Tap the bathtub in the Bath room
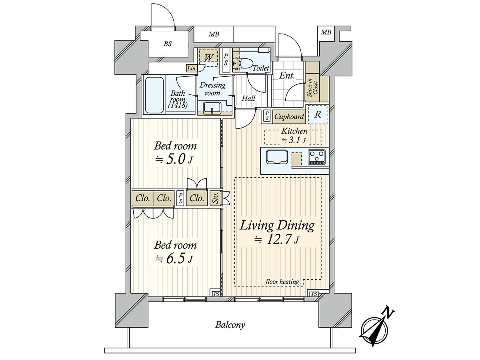154,95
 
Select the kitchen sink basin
277,157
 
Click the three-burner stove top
317,157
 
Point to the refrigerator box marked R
318,114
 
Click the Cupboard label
289,117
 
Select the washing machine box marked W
208,58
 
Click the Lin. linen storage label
192,68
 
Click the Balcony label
230,331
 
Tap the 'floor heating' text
282,282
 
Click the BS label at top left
168,44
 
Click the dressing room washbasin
212,108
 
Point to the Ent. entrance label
287,76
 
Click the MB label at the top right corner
326,32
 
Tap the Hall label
248,98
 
